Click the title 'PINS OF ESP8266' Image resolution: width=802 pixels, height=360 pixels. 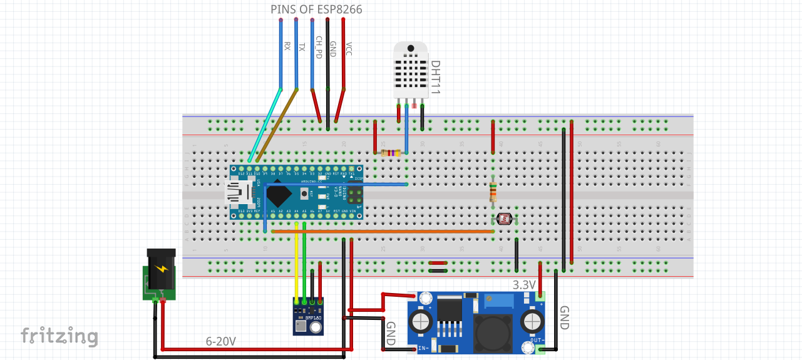tap(316, 9)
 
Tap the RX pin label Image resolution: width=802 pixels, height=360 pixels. tap(287, 46)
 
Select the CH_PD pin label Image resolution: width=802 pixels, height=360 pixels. tap(319, 47)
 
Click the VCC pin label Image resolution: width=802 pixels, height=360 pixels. tap(349, 49)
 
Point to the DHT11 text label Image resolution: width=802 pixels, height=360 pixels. tap(436, 78)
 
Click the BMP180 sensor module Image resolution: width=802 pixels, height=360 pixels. tap(308, 316)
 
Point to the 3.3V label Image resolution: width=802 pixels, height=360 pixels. tap(524, 285)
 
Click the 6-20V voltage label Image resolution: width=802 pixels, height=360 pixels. tap(221, 342)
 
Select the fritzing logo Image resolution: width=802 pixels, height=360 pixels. tap(59, 336)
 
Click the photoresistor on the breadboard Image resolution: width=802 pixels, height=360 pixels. tap(504, 220)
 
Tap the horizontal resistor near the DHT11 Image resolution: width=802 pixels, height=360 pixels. tap(391, 153)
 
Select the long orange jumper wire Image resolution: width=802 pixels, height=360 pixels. tap(382, 231)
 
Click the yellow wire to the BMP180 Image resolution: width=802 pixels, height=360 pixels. tap(296, 263)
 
